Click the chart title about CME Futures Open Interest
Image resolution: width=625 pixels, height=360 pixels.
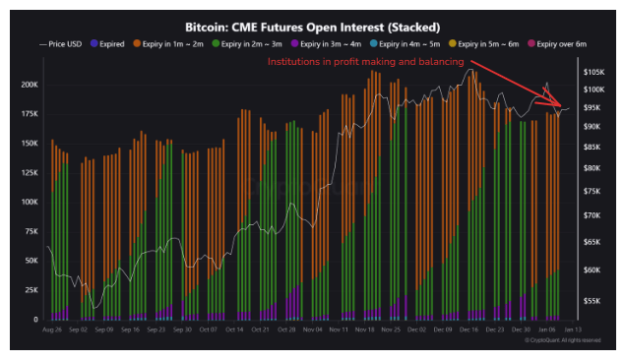point(312,27)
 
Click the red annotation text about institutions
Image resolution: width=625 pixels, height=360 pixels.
point(366,62)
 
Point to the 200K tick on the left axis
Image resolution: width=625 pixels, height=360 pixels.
point(29,85)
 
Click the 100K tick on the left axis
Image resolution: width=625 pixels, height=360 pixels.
point(29,202)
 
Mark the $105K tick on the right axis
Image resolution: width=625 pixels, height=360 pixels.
point(594,73)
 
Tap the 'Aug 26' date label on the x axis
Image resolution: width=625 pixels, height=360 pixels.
point(52,331)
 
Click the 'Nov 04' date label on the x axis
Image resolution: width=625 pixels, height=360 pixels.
point(313,331)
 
